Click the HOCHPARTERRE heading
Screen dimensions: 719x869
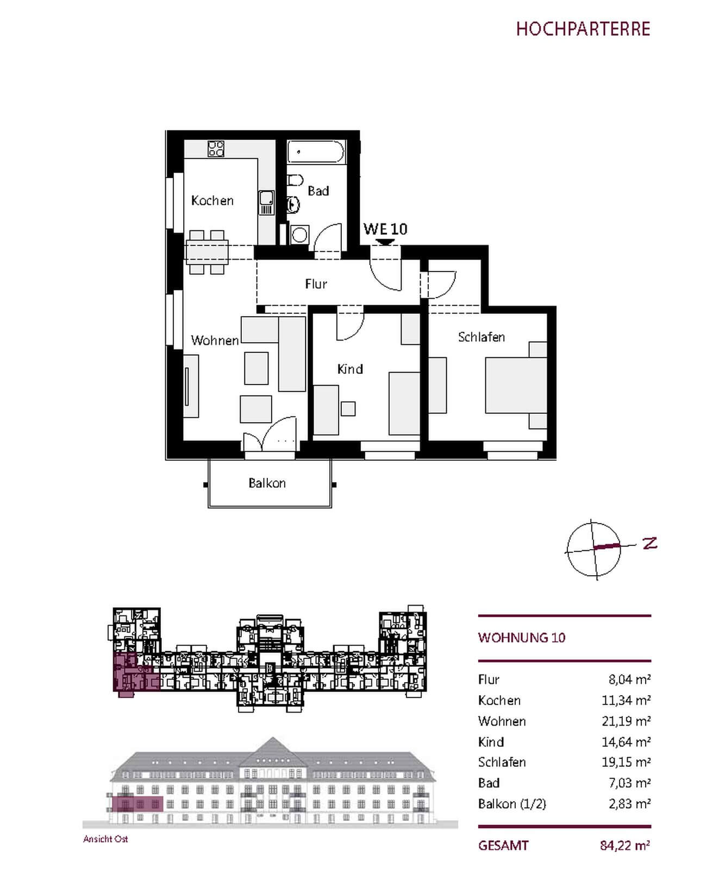pos(583,29)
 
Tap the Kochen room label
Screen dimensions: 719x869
pos(212,200)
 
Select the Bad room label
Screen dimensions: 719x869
pos(318,191)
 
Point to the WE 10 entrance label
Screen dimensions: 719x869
pos(385,229)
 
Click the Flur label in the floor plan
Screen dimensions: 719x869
pos(316,284)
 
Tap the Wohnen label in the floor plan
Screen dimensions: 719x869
pos(215,341)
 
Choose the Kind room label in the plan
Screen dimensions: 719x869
pos(350,369)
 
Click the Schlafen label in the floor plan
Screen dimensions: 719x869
pos(482,337)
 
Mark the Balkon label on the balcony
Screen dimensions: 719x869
pos(267,483)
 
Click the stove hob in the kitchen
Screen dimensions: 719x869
pos(216,148)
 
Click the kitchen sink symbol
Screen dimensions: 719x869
pos(266,203)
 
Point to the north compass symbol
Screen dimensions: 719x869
pos(594,549)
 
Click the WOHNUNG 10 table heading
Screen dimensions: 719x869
pos(522,638)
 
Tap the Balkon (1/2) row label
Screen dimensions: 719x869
pos(512,804)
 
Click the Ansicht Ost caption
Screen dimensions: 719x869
pos(105,839)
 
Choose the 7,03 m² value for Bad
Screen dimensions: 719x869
pos(629,783)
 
